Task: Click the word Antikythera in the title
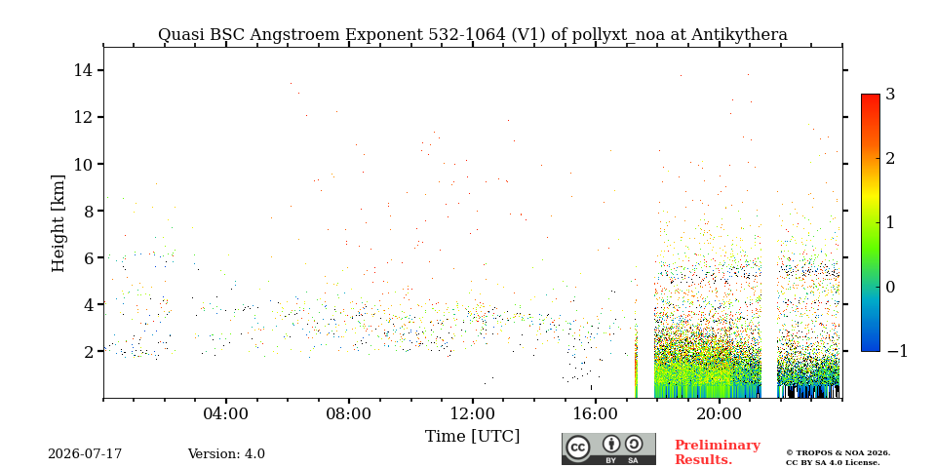(739, 35)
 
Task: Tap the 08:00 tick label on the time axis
(349, 413)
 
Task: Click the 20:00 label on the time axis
(719, 413)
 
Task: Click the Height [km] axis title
(58, 223)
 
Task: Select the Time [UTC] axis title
(472, 437)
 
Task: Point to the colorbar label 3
(890, 95)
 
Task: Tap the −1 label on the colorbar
(897, 351)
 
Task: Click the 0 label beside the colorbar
(890, 287)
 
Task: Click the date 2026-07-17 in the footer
(85, 454)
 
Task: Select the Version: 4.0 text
(226, 454)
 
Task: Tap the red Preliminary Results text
(718, 452)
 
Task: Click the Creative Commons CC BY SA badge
(608, 448)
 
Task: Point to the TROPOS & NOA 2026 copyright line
(838, 453)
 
